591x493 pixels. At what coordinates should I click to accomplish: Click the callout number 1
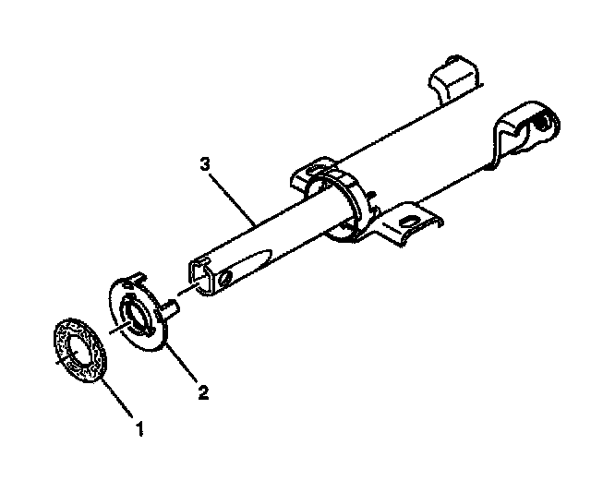pyautogui.click(x=139, y=427)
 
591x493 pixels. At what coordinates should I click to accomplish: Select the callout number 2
pyautogui.click(x=203, y=392)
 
